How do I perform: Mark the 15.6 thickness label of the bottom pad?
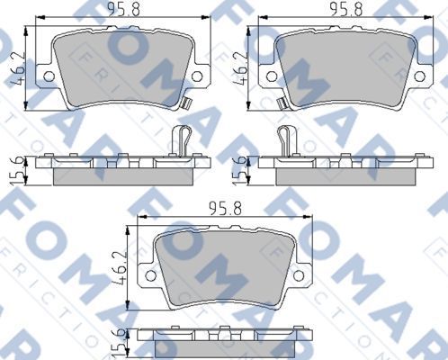[117, 341]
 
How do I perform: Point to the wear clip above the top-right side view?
[286, 139]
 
